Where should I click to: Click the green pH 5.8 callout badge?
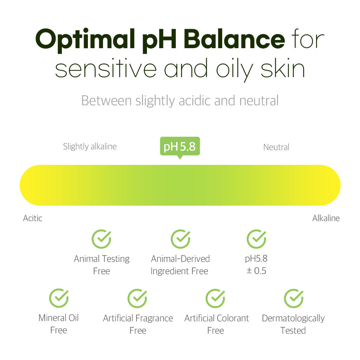(x=180, y=146)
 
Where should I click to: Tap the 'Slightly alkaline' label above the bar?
(x=90, y=146)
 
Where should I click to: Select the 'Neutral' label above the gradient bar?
(x=276, y=147)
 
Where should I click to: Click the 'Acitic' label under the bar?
(x=33, y=218)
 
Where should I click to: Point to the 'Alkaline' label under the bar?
(x=326, y=218)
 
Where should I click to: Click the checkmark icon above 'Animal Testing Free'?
(x=101, y=239)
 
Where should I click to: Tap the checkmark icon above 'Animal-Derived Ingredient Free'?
(x=180, y=239)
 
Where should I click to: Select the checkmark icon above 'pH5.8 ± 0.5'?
(x=256, y=239)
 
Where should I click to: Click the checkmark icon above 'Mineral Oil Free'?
(x=59, y=298)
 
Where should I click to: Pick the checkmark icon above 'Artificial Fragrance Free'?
(x=137, y=298)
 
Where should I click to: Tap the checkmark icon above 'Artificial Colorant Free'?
(x=216, y=298)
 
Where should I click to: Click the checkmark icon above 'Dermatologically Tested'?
(x=293, y=298)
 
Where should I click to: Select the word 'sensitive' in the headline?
(x=105, y=69)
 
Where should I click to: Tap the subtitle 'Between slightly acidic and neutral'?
(x=180, y=101)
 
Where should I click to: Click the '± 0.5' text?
(x=256, y=271)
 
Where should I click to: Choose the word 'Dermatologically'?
(x=293, y=318)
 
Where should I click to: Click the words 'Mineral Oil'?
(x=58, y=318)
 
